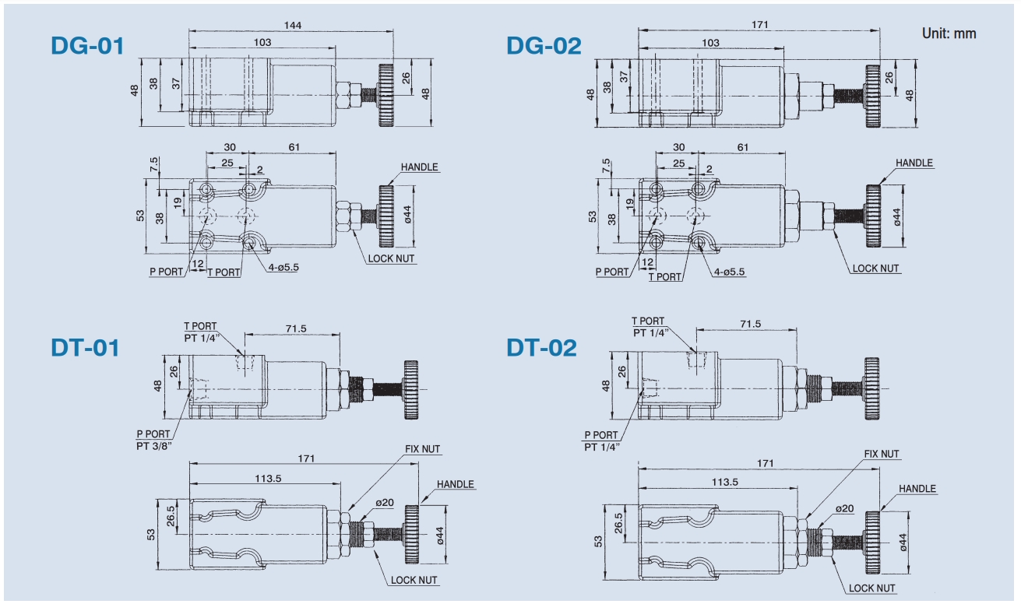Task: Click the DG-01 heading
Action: (x=87, y=46)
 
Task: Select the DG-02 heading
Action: (x=544, y=46)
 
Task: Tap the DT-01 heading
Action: (x=86, y=347)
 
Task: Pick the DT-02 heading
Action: (x=542, y=347)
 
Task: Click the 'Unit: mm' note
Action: (x=949, y=33)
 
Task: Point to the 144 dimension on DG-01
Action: (x=292, y=26)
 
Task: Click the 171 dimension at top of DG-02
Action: (x=760, y=25)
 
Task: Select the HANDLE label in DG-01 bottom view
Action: (x=420, y=167)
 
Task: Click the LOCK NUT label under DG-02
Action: (x=875, y=269)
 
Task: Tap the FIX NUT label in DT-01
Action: (x=422, y=449)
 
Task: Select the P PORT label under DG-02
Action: (x=612, y=272)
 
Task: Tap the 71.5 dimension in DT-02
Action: (x=751, y=324)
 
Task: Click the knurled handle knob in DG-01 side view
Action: (x=387, y=96)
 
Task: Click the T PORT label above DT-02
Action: (x=648, y=321)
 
